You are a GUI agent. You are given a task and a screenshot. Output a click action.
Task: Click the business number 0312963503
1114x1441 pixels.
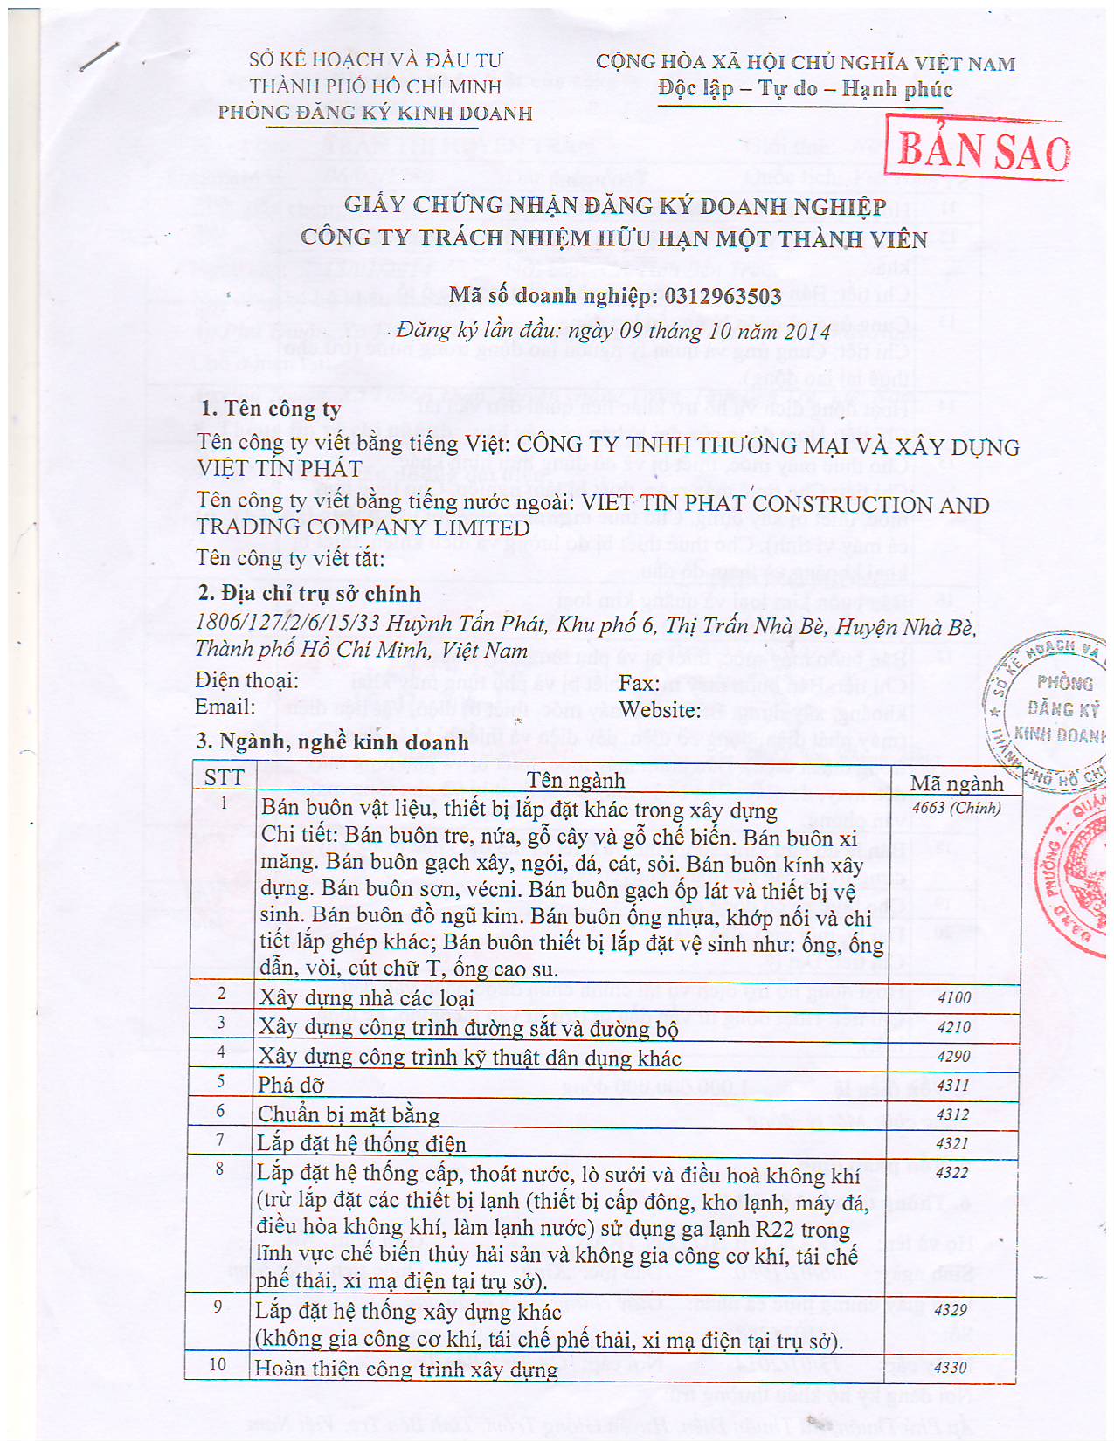pos(723,297)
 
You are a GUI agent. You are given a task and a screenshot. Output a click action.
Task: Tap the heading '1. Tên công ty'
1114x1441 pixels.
pos(271,409)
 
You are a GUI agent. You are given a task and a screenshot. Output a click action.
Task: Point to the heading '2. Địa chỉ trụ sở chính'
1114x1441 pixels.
pos(309,594)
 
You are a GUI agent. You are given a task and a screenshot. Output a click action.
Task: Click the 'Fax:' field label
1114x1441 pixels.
pos(640,683)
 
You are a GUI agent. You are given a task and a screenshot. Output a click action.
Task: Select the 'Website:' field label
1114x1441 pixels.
pos(660,710)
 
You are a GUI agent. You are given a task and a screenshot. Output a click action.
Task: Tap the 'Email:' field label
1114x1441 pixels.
pos(225,707)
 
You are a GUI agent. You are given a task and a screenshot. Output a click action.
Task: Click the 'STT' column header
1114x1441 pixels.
pos(225,778)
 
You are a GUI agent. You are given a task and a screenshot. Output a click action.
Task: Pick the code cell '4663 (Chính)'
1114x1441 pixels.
pos(956,808)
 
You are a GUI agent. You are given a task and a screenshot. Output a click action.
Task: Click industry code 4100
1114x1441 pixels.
pos(953,997)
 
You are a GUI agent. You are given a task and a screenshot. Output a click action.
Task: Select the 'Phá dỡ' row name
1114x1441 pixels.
pos(291,1086)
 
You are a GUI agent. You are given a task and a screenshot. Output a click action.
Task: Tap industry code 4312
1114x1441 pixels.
pos(952,1114)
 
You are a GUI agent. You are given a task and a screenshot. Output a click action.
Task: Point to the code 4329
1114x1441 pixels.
pos(951,1310)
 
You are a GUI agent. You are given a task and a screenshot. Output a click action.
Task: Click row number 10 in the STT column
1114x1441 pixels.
pos(218,1364)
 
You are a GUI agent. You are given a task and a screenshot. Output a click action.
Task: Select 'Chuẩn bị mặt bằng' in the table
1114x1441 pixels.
pos(349,1115)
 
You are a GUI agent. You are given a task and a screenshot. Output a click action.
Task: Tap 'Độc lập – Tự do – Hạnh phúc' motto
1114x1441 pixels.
pos(805,89)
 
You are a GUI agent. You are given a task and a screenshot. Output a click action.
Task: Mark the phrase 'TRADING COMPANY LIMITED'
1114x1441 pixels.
pos(363,528)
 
